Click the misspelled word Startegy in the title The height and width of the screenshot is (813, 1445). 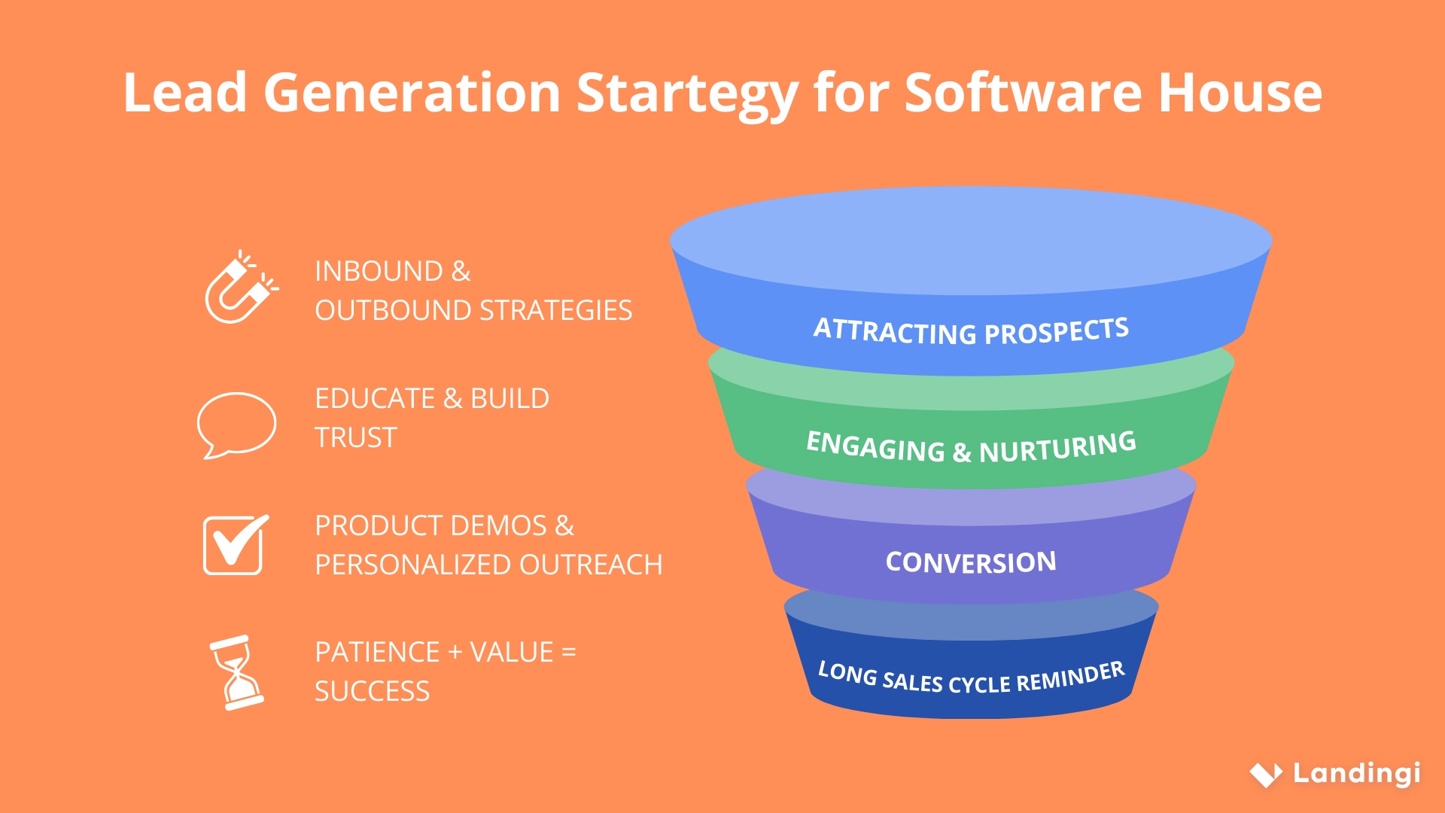tap(686, 93)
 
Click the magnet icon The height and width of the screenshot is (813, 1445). tap(239, 288)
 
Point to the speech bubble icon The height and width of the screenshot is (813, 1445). tap(236, 424)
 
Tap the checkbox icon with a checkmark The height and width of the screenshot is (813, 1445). tap(234, 545)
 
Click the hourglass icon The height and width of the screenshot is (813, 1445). tap(236, 672)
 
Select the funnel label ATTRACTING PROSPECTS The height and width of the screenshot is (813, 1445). tap(971, 331)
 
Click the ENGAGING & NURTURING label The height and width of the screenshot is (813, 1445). tap(971, 447)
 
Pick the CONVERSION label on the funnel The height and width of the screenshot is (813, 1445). tap(971, 562)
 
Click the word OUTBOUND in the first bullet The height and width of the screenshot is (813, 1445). tap(393, 310)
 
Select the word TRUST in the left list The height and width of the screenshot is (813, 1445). tap(355, 437)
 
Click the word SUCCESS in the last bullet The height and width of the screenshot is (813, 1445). tap(372, 691)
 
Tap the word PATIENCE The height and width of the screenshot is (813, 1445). tap(377, 652)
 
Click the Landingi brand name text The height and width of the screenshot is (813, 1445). tap(1356, 773)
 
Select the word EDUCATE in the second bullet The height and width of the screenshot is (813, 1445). tap(375, 398)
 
